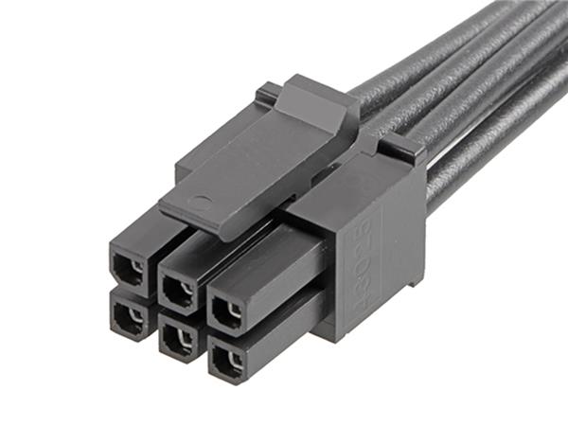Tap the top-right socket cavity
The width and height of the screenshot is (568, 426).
(x=227, y=309)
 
